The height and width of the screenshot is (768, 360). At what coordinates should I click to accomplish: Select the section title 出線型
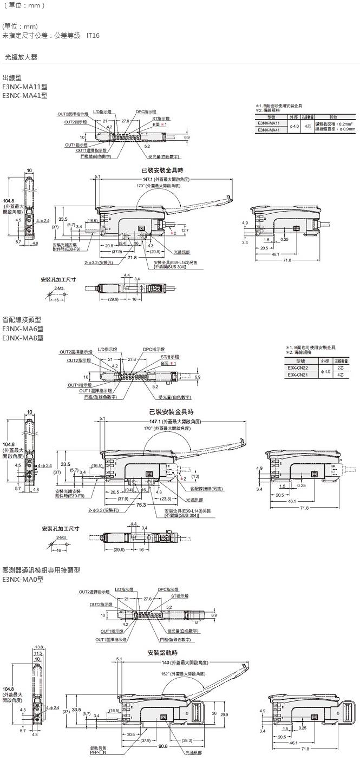tap(13, 78)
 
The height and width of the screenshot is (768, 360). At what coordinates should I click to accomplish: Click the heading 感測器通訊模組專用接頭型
tap(41, 570)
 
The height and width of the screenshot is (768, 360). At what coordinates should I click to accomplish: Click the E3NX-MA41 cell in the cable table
tap(269, 130)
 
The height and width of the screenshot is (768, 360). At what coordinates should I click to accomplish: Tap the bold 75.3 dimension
tap(142, 504)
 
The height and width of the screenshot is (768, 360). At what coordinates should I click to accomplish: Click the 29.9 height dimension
tap(224, 714)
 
